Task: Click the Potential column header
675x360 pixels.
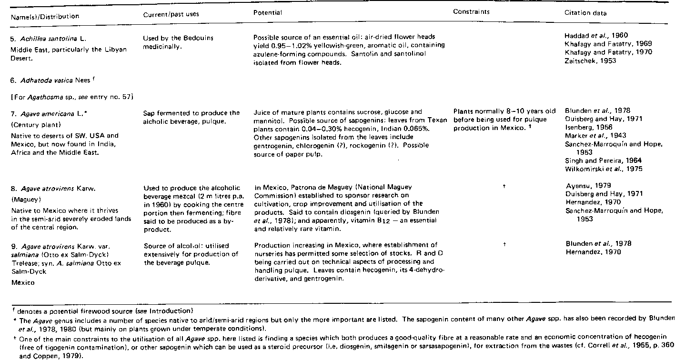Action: click(268, 13)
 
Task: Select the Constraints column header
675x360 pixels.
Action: click(471, 12)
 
